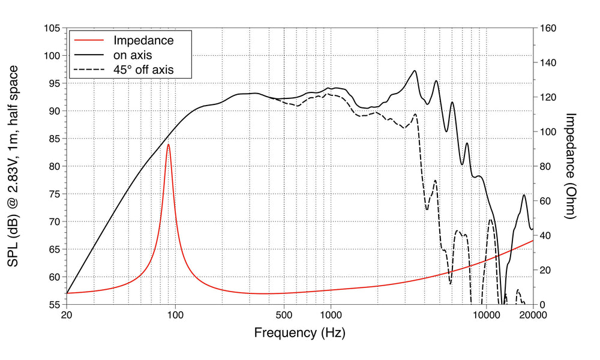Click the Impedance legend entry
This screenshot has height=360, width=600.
143,41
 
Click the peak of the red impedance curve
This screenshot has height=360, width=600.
169,145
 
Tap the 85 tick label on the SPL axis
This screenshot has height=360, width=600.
53,139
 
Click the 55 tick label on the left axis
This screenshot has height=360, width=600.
53,305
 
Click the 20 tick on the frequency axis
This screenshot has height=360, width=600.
67,315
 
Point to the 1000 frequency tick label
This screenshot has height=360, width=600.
331,315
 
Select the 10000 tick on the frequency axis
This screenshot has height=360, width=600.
486,315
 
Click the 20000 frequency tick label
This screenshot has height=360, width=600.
533,315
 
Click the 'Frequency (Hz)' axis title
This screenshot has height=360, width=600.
299,332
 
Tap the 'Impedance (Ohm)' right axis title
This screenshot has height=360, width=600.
571,166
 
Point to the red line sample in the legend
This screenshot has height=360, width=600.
89,41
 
